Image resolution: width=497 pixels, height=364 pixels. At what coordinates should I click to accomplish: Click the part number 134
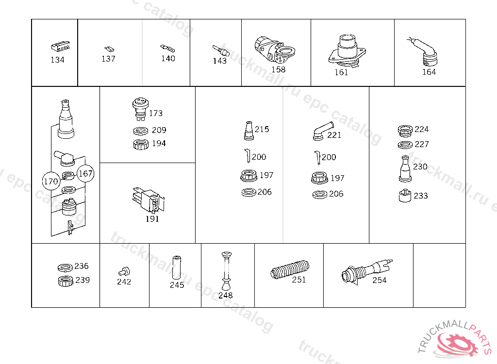point(57,60)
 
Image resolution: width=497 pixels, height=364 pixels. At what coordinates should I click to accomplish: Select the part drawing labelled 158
point(274,50)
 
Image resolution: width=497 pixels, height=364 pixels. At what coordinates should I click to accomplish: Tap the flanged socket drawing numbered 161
point(346,51)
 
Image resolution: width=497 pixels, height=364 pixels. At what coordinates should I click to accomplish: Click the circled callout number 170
point(50,182)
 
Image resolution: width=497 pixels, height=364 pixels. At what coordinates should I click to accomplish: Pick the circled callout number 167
point(85,173)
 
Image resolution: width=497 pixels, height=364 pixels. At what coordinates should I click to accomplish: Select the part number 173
point(156,114)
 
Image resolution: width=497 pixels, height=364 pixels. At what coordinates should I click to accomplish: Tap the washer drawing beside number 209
point(140,131)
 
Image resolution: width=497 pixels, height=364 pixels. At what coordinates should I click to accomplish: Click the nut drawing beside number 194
point(140,144)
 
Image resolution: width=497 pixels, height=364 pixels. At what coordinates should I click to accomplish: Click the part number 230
point(420,167)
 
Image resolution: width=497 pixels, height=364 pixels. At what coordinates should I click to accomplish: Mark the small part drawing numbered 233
point(405,196)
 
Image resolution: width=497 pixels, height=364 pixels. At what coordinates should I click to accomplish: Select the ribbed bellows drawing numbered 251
point(290,270)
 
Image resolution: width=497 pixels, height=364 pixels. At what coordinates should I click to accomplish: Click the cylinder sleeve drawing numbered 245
point(177,267)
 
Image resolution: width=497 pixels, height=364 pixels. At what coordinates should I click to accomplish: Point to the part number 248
point(226,295)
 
